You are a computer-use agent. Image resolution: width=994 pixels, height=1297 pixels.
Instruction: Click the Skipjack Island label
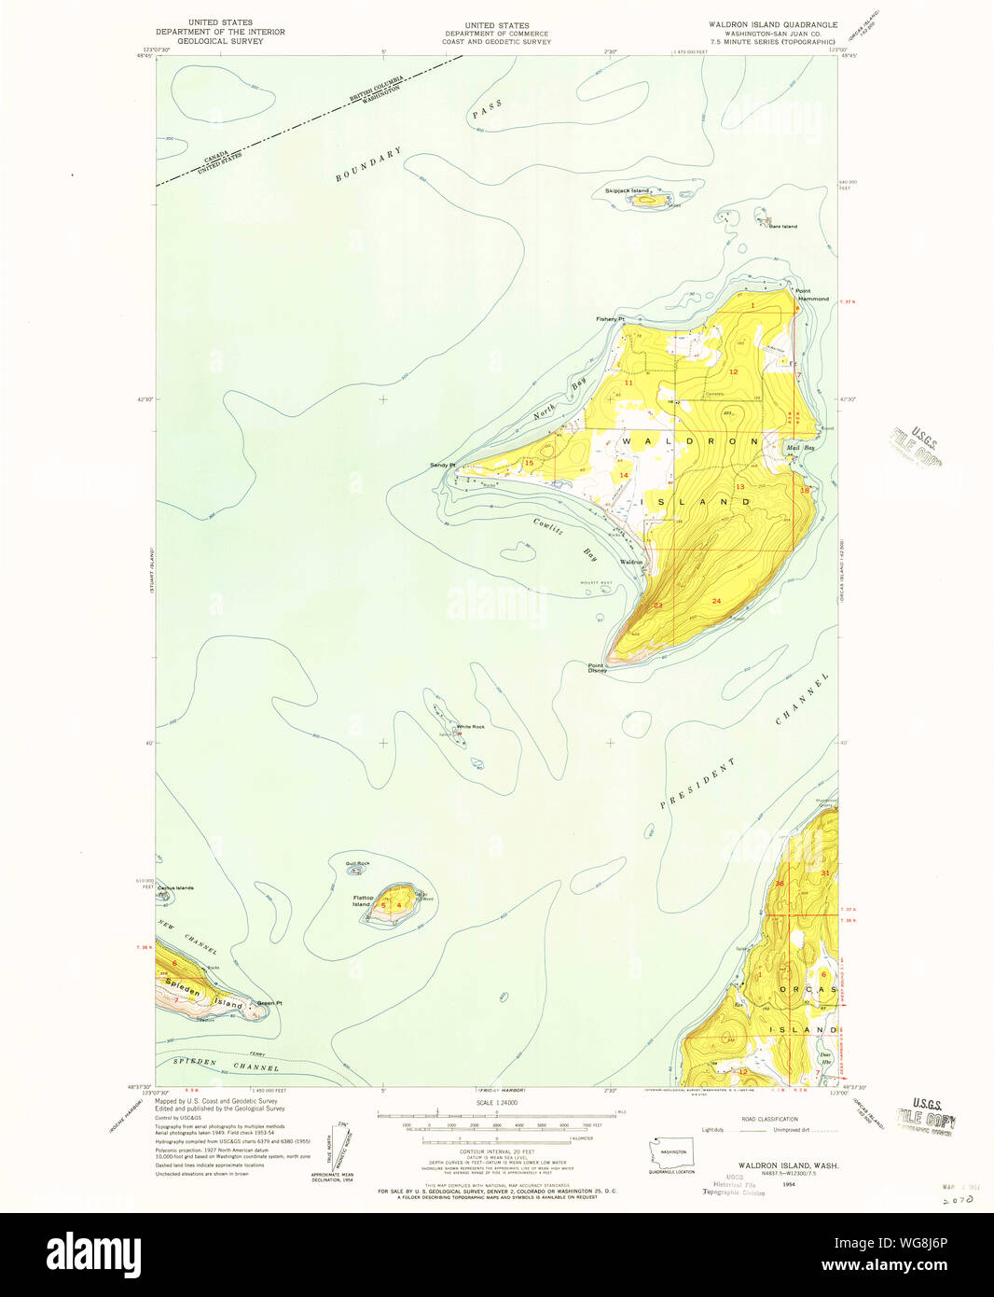tap(626, 190)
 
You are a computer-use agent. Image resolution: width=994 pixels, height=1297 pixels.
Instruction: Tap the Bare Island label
tap(782, 226)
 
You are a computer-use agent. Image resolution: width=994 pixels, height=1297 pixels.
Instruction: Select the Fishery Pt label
tap(610, 319)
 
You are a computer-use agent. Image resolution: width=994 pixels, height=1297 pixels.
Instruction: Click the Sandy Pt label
tap(442, 465)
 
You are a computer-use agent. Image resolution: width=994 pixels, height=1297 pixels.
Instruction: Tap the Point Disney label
tap(597, 668)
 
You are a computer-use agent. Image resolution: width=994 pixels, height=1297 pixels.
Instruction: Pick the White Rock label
tap(470, 727)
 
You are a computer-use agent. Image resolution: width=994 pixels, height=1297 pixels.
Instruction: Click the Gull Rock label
tap(357, 864)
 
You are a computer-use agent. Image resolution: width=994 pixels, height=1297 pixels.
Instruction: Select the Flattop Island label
tap(363, 900)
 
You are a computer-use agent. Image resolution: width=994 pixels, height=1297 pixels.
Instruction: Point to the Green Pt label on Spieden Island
tap(269, 1003)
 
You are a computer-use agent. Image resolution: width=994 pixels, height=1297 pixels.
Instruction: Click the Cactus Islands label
tap(175, 887)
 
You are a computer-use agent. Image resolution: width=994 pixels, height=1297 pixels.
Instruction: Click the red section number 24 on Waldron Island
tap(716, 601)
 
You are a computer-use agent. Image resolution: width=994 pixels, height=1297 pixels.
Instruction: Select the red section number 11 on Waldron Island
tap(628, 383)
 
